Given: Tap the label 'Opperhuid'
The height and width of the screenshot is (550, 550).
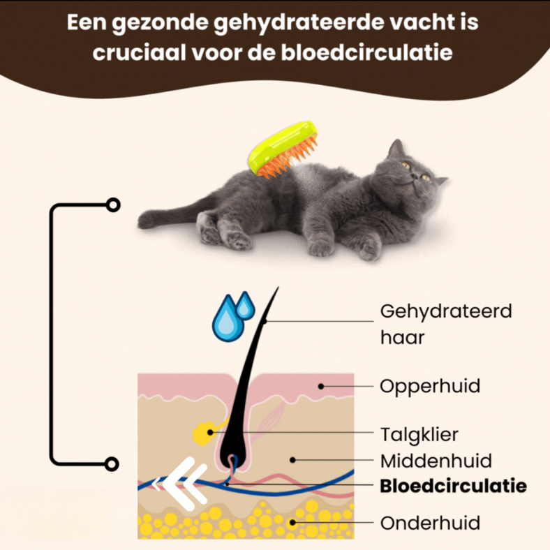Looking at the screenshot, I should pos(430,385).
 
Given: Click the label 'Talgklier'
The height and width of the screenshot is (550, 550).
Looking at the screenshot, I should pos(419,434).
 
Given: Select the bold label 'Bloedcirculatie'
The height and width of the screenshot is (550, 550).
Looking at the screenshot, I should pos(453,486).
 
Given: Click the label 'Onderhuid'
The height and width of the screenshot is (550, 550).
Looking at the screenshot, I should pos(430,522).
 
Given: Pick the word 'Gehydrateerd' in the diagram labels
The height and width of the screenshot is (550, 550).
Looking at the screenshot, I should pos(446,311).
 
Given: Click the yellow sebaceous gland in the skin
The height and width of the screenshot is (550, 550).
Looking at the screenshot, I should pos(203,433).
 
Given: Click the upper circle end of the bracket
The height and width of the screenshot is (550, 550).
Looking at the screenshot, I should pos(112,205).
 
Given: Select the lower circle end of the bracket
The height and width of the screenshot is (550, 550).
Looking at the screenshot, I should pos(112,463).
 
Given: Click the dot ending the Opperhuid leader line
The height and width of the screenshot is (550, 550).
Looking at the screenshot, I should pos(321,385).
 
